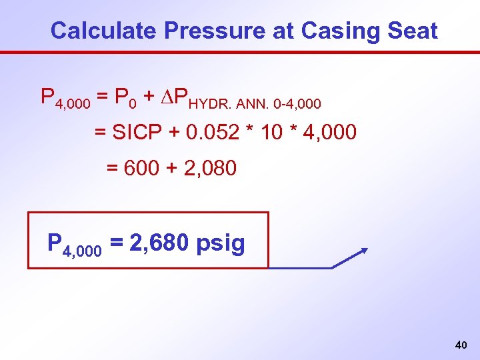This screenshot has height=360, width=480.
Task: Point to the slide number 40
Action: (460, 345)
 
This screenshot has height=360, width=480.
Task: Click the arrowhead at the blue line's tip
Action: (364, 250)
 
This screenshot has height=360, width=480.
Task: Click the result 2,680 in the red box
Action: (159, 243)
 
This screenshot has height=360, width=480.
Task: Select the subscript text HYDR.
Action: (212, 104)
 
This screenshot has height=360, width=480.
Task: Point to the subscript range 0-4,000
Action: (298, 104)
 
